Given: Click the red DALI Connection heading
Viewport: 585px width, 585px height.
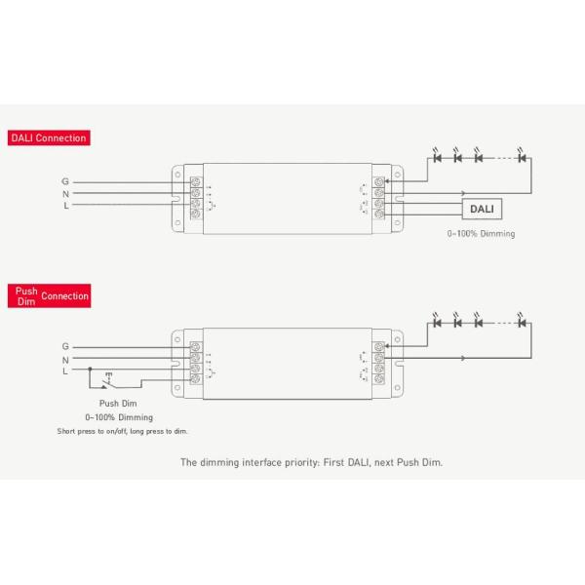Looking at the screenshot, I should [x=49, y=137].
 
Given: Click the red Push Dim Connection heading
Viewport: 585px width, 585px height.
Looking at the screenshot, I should [x=49, y=295].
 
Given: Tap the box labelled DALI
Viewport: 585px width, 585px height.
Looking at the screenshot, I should [x=482, y=210].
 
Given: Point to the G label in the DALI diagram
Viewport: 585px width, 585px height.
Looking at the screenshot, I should [x=65, y=181].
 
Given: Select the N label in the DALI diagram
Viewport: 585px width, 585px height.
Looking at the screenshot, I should [x=65, y=193].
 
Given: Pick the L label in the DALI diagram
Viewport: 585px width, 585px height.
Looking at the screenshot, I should [x=65, y=206].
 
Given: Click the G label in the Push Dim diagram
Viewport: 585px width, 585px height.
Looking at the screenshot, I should [x=65, y=346].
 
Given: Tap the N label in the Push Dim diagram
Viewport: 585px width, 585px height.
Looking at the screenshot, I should [x=65, y=359].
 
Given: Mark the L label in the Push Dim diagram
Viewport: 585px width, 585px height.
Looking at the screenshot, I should [x=65, y=370].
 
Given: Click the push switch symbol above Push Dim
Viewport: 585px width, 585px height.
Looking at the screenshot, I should [x=106, y=383].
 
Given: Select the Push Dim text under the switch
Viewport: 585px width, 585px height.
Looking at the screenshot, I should [x=118, y=403].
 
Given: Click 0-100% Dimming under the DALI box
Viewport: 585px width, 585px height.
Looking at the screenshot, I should [x=481, y=234].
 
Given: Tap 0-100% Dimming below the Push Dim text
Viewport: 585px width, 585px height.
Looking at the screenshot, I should [x=119, y=416].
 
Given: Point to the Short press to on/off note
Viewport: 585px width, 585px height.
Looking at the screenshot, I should [x=122, y=430].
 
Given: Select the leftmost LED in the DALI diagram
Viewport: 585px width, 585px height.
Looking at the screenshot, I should [x=438, y=157].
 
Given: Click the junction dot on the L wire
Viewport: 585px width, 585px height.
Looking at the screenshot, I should [x=90, y=370].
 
